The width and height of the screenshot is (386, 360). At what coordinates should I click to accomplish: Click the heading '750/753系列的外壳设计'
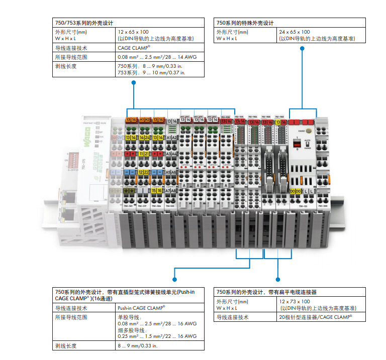tap(83, 23)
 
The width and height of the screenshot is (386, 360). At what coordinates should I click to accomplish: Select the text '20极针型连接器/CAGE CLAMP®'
tap(315, 317)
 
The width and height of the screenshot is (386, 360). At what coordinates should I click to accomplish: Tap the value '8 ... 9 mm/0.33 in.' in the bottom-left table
tap(137, 345)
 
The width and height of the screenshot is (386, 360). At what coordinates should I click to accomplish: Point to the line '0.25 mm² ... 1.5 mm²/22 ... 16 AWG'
tap(156, 336)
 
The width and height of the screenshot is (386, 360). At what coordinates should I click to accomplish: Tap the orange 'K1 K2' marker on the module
tap(145, 120)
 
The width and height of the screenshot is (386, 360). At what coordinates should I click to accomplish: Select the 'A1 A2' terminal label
tap(171, 138)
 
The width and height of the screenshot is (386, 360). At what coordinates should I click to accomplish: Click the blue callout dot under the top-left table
tap(134, 84)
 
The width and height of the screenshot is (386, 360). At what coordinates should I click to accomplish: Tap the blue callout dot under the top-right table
tap(302, 49)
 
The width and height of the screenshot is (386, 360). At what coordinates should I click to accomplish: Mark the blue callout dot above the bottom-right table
tap(277, 279)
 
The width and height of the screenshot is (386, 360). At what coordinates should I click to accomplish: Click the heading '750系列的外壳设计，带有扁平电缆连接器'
tap(266, 292)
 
